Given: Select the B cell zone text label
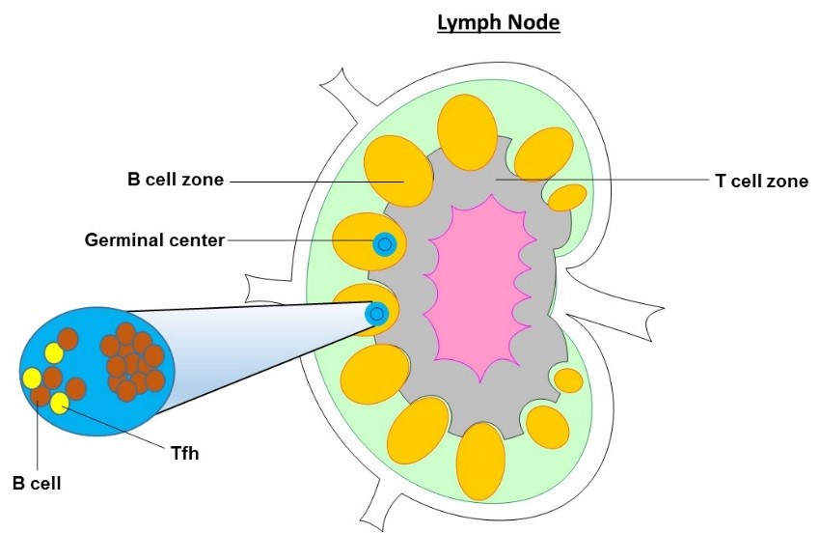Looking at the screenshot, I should (176, 180).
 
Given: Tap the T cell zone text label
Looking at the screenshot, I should (758, 181).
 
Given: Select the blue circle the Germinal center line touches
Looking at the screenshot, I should (385, 244).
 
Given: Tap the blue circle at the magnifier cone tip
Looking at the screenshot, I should (376, 313).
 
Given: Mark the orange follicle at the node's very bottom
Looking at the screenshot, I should (479, 461).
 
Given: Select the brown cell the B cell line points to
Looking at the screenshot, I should (40, 395).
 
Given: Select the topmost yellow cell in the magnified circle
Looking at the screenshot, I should (54, 353).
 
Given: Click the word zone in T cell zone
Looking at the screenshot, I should (787, 181).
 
